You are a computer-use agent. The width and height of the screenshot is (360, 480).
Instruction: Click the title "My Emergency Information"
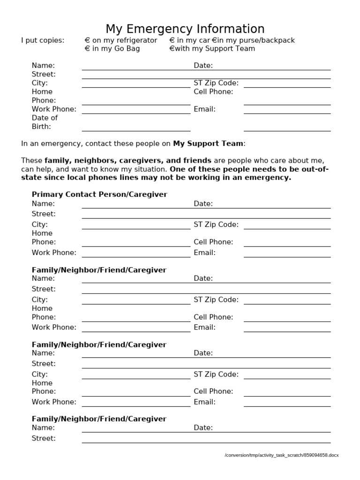click(185, 29)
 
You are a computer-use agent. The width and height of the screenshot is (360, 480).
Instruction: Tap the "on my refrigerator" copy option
click(120, 40)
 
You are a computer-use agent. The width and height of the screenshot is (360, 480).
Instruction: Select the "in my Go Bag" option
click(112, 49)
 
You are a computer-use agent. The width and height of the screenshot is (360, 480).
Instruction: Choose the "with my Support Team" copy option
click(212, 49)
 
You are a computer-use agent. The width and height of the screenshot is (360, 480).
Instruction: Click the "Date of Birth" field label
click(45, 122)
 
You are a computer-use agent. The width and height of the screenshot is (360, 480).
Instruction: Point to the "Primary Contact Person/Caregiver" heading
click(99, 194)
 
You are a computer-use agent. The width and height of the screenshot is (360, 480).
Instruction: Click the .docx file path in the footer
click(281, 455)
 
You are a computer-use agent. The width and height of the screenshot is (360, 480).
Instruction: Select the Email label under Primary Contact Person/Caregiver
click(204, 253)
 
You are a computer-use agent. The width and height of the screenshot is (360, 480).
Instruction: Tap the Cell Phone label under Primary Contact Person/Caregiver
click(213, 242)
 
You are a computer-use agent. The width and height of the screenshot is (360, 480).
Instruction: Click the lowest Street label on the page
click(44, 438)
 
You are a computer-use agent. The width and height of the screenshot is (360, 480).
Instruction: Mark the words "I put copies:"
click(43, 40)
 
